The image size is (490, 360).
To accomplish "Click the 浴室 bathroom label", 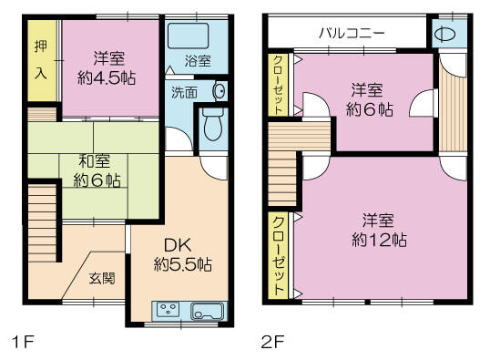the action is click(198, 61).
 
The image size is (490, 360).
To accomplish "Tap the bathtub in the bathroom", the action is click(189, 36).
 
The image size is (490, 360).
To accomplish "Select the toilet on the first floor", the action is click(213, 124).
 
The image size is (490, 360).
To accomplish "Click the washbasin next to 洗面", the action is click(219, 91).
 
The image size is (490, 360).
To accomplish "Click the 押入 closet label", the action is click(41, 60).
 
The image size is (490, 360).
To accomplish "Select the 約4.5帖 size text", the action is click(107, 77).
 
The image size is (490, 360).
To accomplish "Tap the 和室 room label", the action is click(94, 160).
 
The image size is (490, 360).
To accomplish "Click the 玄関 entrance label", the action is click(103, 278).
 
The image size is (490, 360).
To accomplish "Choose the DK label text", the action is click(178, 245).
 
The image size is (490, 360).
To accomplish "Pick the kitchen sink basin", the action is click(208, 311).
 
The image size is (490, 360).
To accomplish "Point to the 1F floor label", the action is click(22, 342).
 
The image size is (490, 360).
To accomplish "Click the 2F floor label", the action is click(273, 342).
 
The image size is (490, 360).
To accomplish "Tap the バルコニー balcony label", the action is click(352, 33).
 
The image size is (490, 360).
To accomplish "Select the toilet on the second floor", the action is click(445, 34).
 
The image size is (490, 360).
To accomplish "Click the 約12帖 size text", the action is click(380, 241).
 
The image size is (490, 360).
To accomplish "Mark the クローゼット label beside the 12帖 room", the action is click(279, 256).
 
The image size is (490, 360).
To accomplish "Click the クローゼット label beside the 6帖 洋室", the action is click(278, 85).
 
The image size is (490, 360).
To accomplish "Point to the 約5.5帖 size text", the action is click(183, 264).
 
